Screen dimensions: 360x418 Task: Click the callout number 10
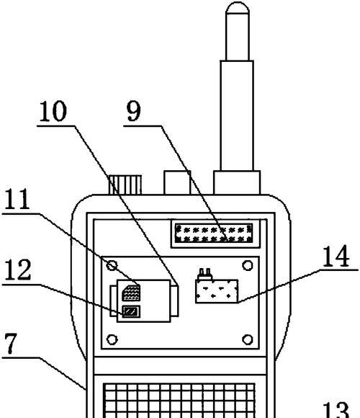[x=53, y=112]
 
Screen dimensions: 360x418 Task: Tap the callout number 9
[x=134, y=111]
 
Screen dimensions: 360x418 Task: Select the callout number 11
[x=17, y=199]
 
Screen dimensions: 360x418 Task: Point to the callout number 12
[x=17, y=270]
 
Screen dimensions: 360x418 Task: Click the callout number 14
[x=336, y=256]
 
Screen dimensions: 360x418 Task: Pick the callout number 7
[x=11, y=344]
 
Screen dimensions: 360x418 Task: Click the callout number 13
[x=336, y=411]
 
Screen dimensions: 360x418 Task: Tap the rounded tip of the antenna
[x=238, y=7]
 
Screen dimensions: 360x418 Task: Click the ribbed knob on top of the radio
[x=125, y=184]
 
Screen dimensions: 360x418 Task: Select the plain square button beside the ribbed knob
[x=177, y=182]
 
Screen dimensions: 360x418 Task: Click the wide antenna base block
[x=237, y=182]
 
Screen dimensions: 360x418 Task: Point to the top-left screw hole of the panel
[x=112, y=265]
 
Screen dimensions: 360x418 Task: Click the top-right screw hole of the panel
[x=248, y=265]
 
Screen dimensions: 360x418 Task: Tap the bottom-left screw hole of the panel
[x=112, y=339]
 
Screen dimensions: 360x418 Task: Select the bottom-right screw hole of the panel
[x=248, y=339]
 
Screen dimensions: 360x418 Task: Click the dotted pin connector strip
[x=214, y=234]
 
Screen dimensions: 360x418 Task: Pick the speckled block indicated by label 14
[x=217, y=291]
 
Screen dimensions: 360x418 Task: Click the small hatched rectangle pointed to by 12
[x=131, y=311]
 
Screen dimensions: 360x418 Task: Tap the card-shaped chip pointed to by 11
[x=131, y=293]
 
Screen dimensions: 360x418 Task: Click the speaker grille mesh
[x=179, y=401]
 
